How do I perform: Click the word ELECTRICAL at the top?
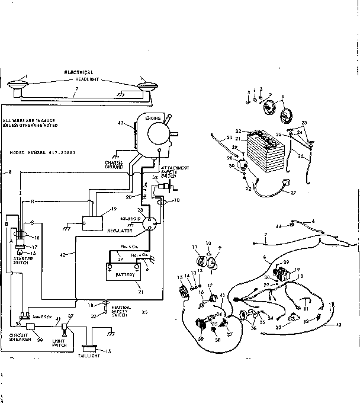[x=79, y=72]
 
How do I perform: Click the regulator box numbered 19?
[x=92, y=219]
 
